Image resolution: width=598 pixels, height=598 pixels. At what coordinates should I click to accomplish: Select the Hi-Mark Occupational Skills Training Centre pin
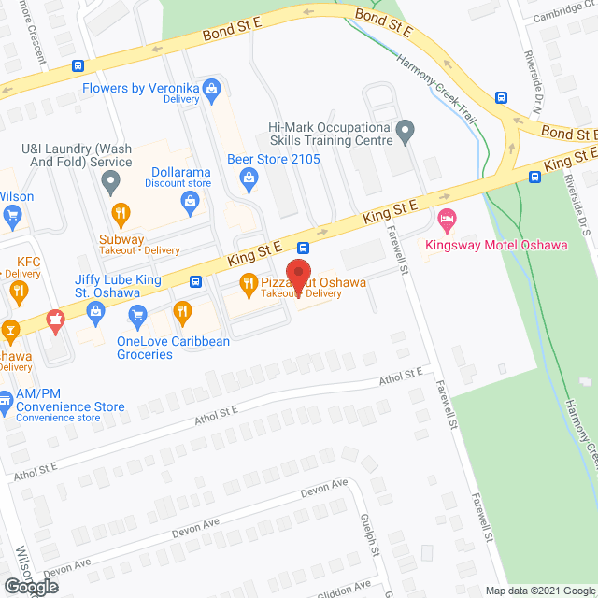click(x=405, y=131)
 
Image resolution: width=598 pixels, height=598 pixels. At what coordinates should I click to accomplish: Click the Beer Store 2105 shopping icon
click(x=249, y=177)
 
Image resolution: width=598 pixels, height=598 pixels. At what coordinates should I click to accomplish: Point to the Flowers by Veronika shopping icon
click(x=212, y=89)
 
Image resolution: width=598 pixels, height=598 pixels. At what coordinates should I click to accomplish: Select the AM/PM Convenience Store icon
click(x=6, y=406)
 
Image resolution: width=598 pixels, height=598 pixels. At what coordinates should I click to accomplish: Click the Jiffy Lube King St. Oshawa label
click(x=107, y=285)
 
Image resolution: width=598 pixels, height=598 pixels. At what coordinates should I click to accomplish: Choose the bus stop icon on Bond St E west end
click(x=78, y=66)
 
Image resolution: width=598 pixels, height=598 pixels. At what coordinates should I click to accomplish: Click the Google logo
click(x=30, y=586)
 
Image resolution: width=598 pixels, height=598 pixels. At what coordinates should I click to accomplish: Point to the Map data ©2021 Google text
click(x=539, y=591)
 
